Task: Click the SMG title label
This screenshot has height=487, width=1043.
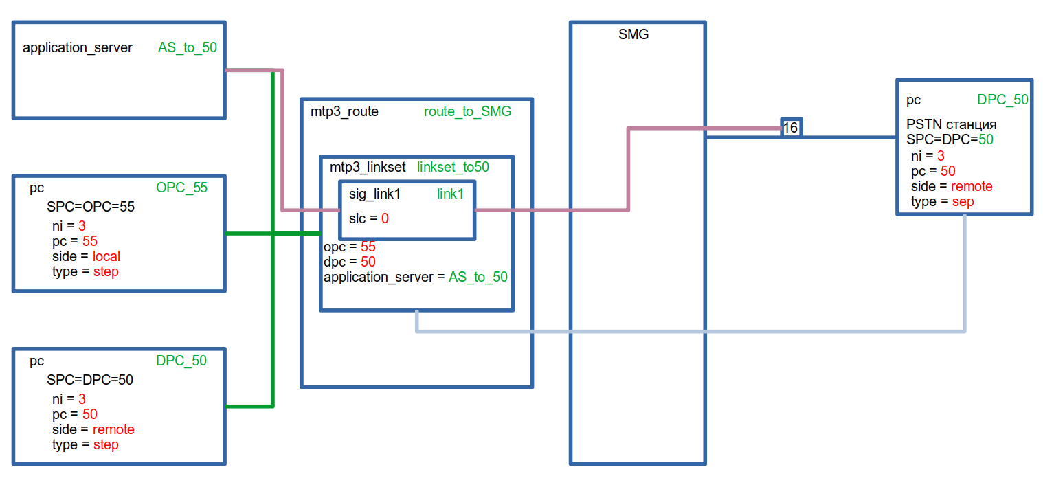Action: [633, 35]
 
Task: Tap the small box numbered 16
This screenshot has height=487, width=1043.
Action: [790, 128]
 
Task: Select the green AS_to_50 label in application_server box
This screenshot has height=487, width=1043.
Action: [188, 48]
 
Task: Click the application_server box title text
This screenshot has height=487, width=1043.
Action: [78, 48]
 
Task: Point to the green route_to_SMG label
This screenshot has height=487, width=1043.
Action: [467, 111]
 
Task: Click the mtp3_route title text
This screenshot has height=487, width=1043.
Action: [344, 111]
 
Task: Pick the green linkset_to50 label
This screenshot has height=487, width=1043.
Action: [453, 166]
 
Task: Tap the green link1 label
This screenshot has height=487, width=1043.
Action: [450, 194]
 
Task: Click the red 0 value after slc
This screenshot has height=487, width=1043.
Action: [385, 218]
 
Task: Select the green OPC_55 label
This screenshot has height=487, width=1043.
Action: [181, 188]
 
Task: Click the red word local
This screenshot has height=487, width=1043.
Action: [106, 256]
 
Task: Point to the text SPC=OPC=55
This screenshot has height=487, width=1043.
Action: [91, 207]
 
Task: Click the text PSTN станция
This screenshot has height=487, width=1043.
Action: [952, 125]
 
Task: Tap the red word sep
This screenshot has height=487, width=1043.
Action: [963, 201]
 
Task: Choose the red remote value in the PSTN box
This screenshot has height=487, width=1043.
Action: [972, 186]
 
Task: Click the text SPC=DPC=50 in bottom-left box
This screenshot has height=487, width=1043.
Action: [90, 380]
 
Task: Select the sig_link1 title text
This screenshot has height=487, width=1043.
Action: [374, 194]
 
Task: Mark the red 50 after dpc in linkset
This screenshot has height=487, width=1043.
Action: [368, 262]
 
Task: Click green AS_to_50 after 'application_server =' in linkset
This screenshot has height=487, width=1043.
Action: [478, 277]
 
